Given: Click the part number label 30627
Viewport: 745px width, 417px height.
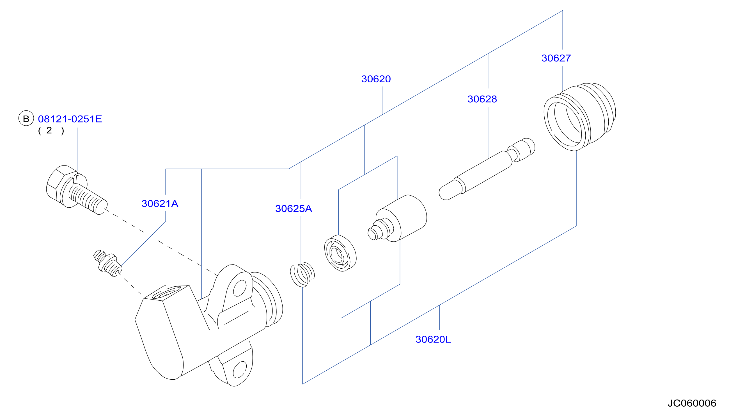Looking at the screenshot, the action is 556,58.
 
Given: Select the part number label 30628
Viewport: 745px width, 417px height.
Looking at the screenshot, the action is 482,99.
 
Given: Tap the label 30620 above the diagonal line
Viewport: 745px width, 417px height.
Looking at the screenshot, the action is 376,79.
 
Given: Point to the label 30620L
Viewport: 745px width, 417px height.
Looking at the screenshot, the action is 433,339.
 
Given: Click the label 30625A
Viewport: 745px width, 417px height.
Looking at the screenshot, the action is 294,209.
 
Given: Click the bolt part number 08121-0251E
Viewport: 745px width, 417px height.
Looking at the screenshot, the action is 70,119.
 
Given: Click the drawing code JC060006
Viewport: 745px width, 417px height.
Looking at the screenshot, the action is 692,403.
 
